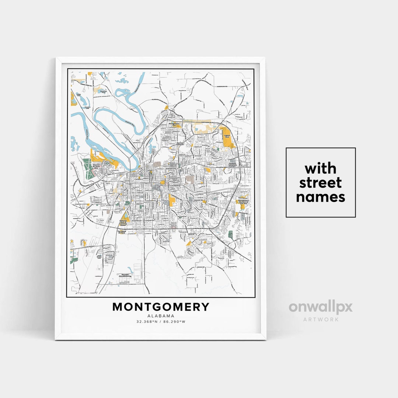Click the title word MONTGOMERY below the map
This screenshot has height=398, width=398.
161,307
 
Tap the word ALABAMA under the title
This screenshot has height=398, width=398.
161,316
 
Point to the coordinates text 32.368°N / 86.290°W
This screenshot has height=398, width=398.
161,322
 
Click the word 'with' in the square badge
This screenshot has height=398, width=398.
320,169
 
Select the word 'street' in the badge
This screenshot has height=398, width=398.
320,183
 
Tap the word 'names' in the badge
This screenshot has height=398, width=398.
320,197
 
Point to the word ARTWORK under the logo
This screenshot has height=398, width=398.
321,319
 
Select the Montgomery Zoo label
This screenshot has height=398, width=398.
174,124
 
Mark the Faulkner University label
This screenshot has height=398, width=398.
232,164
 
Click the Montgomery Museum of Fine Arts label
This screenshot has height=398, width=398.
243,201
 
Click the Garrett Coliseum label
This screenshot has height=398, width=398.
180,144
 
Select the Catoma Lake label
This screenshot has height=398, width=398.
78,94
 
